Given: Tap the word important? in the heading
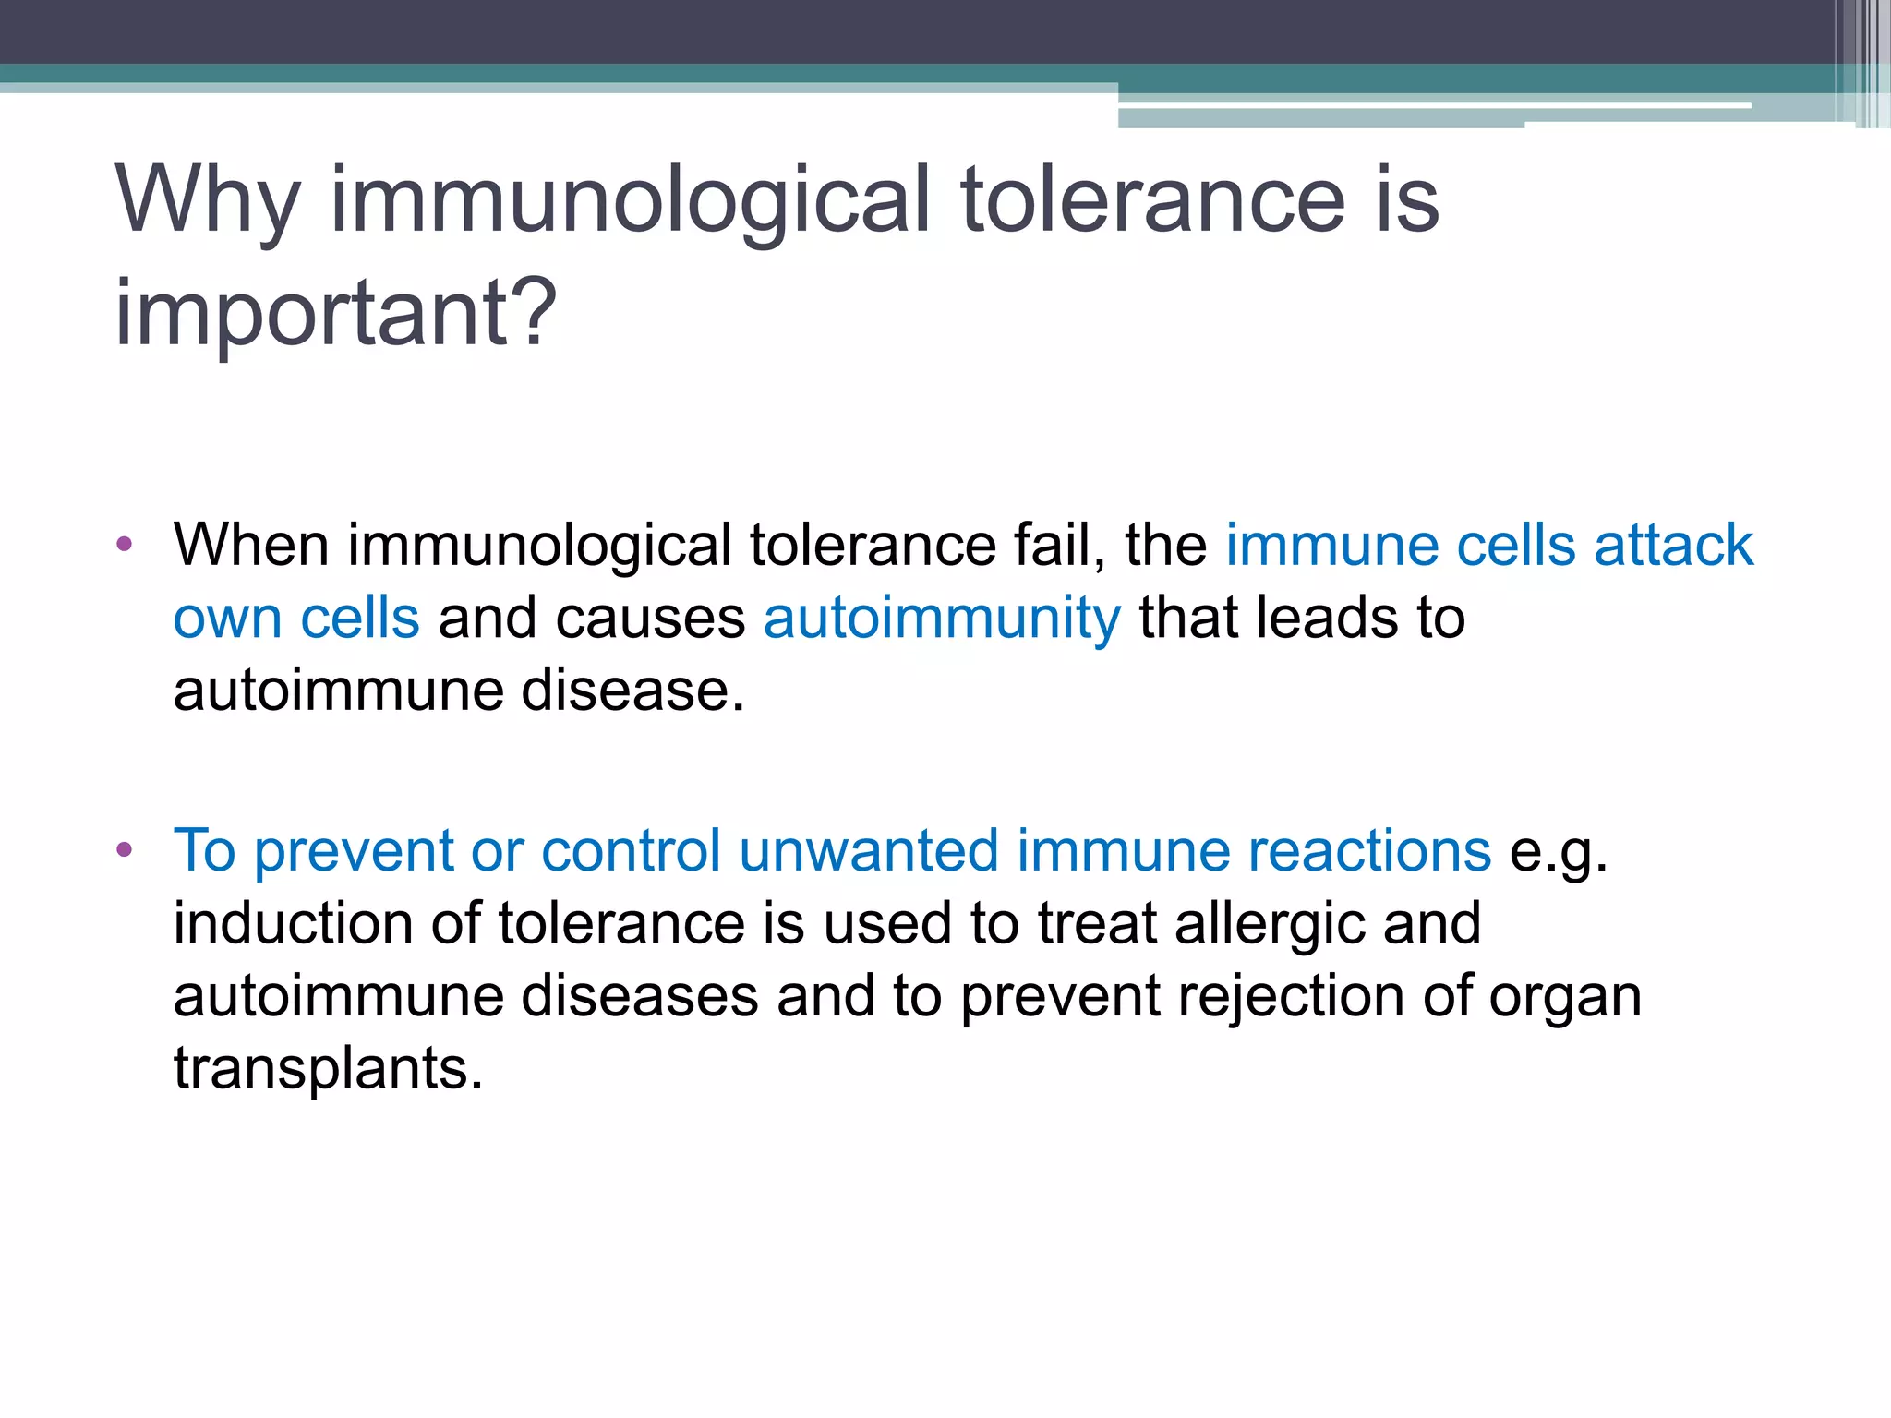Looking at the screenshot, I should (x=336, y=314).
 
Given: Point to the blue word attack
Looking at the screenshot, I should (x=1673, y=545).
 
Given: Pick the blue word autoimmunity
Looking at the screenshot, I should (x=942, y=618).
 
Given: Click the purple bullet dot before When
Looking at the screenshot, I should (x=125, y=544).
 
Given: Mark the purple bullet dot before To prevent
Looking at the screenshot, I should (x=125, y=849).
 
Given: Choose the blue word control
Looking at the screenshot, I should (x=631, y=850).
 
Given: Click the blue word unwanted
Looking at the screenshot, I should (x=869, y=850).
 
